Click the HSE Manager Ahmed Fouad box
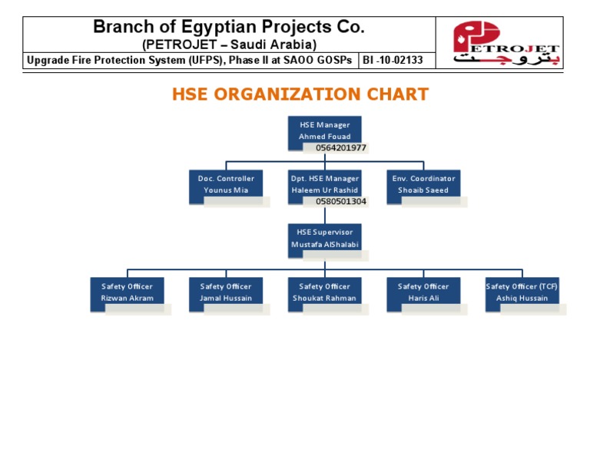pos(324,130)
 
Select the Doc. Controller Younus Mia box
pos(226,184)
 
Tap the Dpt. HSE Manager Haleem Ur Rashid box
pos(324,184)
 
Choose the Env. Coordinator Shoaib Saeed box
pos(423,184)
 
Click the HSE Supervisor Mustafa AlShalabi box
pos(324,238)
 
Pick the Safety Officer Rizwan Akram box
pos(128,292)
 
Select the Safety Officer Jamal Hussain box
pos(226,292)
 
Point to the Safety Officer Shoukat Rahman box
pos(324,292)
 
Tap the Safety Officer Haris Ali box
pos(423,292)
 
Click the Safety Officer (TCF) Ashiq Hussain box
pos(522,292)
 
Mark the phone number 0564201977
pos(341,147)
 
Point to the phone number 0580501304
pos(341,202)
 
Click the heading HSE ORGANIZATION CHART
pos(300,94)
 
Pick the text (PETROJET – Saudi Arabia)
pos(230,45)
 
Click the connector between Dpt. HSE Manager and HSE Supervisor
pos(325,215)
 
